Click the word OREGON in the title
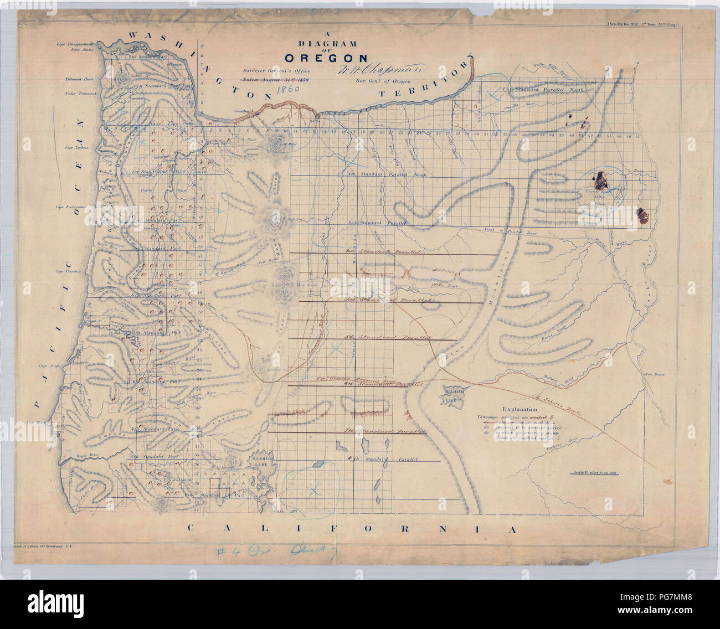coord(326,58)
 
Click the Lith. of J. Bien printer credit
coord(47,546)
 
